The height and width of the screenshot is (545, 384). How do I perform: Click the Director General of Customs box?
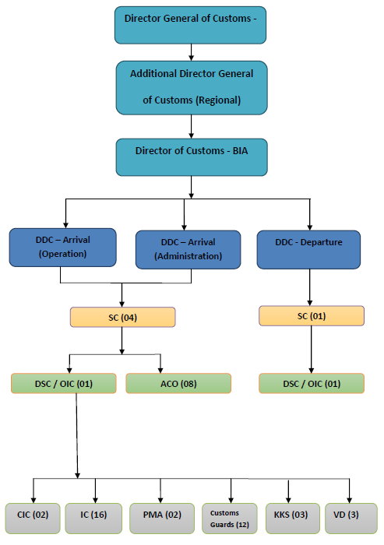click(x=190, y=25)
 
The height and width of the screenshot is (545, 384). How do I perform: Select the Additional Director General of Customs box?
click(x=192, y=86)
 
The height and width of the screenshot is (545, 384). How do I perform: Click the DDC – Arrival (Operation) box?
click(x=63, y=248)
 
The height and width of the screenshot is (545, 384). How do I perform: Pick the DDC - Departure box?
click(x=309, y=248)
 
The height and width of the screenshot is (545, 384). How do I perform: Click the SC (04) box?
click(x=122, y=317)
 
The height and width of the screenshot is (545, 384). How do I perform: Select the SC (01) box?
click(x=311, y=316)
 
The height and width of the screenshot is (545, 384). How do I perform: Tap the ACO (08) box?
click(x=178, y=384)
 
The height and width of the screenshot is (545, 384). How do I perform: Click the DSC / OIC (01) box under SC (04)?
click(x=64, y=384)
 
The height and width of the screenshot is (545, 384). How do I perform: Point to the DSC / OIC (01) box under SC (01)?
click(x=311, y=384)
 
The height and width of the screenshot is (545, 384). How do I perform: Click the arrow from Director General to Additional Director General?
click(x=192, y=51)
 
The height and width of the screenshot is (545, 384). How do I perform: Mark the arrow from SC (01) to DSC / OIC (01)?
click(x=311, y=350)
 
